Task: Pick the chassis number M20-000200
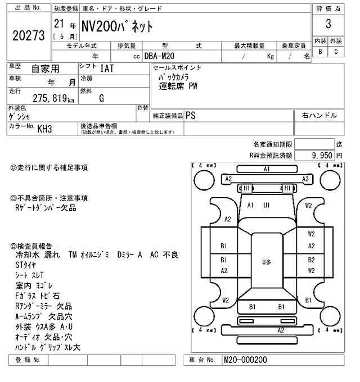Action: pyautogui.click(x=245, y=360)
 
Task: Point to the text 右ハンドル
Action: pyautogui.click(x=319, y=115)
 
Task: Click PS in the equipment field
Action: pyautogui.click(x=191, y=115)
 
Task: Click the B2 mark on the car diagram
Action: pyautogui.click(x=311, y=260)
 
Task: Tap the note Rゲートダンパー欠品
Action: pyautogui.click(x=46, y=208)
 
